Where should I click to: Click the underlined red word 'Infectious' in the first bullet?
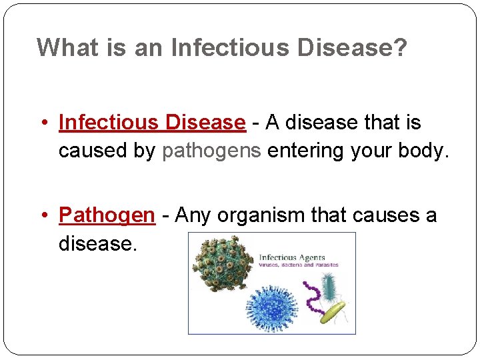point(109,123)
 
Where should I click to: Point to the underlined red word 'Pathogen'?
point(107,215)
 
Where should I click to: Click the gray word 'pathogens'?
point(211,151)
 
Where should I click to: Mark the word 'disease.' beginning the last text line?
point(98,244)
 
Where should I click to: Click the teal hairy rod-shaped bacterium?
point(331,285)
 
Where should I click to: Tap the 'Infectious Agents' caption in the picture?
point(291,257)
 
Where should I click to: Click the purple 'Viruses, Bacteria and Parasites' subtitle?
point(298,265)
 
